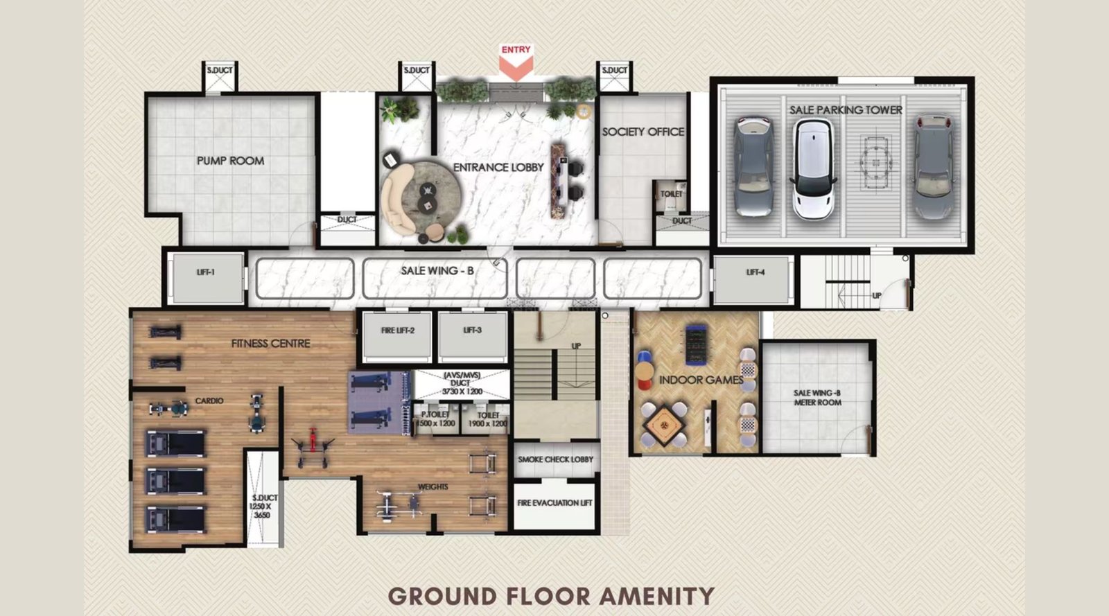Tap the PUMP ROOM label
230,161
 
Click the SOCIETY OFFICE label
643,132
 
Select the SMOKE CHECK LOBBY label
555,459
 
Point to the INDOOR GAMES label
700,380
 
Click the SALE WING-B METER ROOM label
817,397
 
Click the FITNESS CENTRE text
270,343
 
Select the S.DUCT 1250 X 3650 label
264,507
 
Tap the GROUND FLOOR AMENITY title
551,595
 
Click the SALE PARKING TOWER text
846,109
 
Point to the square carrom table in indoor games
663,425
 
